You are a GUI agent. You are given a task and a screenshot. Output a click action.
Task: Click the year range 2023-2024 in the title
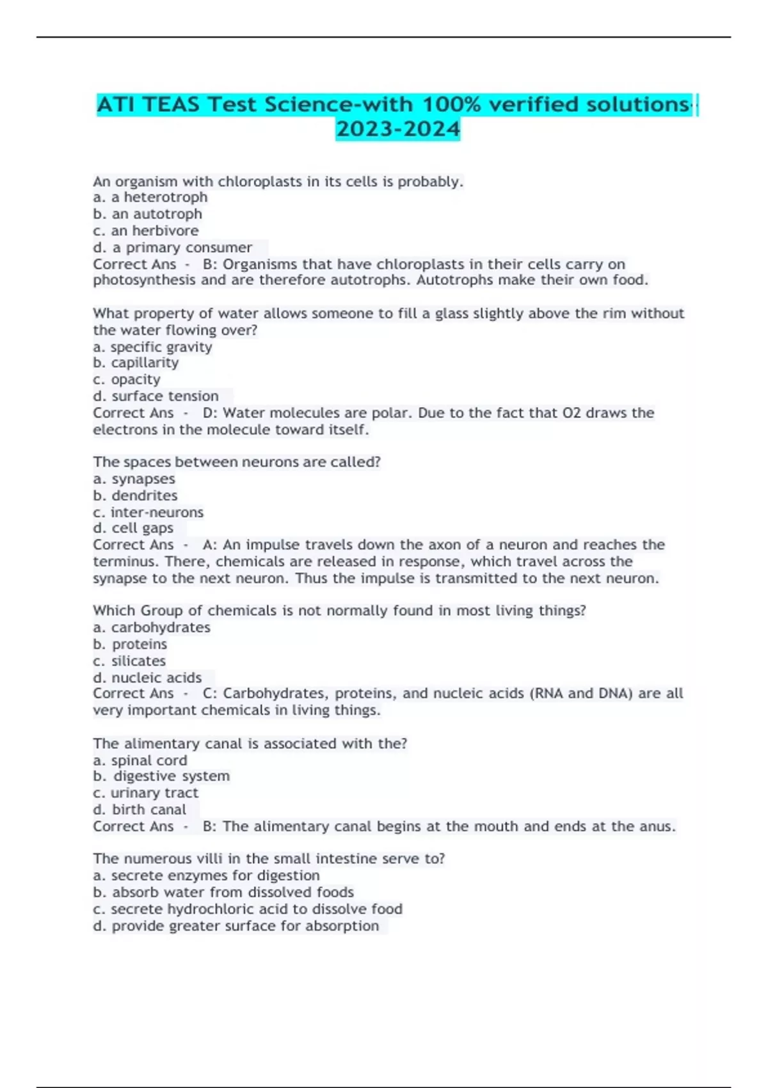(397, 129)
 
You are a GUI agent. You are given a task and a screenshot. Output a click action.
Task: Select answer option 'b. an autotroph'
(147, 214)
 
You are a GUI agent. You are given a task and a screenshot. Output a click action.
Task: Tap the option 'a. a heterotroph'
(150, 197)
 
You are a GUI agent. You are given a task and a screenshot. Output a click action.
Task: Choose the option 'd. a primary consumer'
(172, 247)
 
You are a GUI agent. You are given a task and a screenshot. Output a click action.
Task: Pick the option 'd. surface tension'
(156, 396)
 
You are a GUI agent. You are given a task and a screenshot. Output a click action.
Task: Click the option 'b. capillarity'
(136, 363)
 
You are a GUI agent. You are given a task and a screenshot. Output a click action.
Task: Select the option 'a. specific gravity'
(152, 347)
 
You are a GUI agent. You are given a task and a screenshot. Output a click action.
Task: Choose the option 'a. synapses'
(134, 479)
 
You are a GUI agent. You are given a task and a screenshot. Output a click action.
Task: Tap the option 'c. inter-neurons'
(148, 512)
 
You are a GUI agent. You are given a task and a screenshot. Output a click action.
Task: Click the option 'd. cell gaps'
(133, 528)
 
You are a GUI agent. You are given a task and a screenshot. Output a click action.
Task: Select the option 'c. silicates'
(129, 660)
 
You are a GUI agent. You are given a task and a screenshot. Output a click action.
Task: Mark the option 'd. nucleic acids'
(147, 677)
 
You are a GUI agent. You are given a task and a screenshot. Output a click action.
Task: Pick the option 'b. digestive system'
(161, 776)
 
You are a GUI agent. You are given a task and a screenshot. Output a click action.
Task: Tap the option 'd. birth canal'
(140, 810)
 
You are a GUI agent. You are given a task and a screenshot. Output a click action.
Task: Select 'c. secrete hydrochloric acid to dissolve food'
(248, 909)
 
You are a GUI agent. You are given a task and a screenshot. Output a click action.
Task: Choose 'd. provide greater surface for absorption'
(236, 925)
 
